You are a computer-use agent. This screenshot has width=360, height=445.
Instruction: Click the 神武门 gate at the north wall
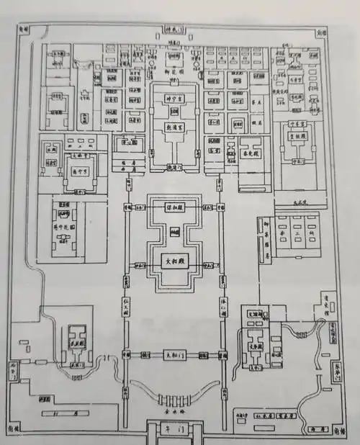(173, 31)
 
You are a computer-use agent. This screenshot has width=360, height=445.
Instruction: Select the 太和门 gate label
(170, 355)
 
